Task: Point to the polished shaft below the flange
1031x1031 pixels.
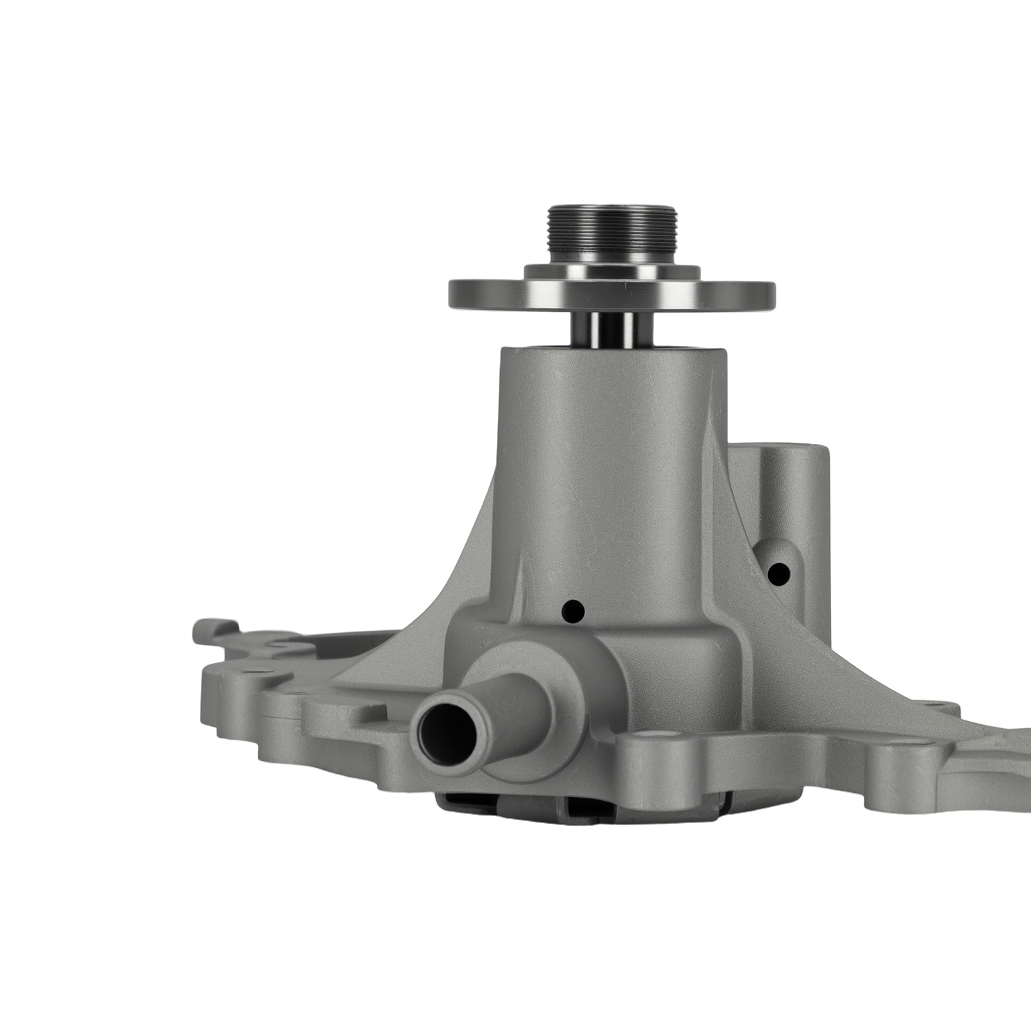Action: [x=611, y=329]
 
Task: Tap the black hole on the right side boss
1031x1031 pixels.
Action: [x=779, y=571]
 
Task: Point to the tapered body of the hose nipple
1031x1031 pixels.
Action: [x=509, y=702]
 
